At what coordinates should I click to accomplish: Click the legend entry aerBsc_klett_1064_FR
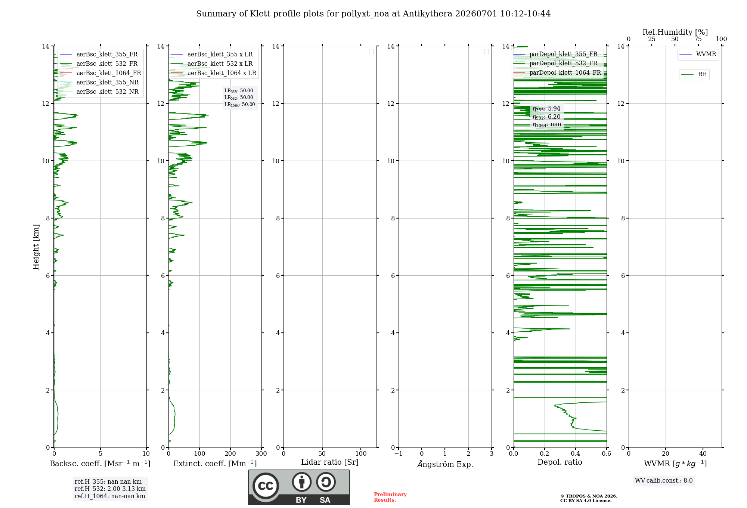coord(100,73)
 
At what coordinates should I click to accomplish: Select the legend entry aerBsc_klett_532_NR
coord(99,92)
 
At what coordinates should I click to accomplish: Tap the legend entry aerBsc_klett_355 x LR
coord(211,54)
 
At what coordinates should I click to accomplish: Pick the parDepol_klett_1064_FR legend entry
coord(557,72)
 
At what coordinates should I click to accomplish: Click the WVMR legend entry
coord(698,54)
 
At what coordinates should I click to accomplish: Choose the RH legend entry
coord(694,74)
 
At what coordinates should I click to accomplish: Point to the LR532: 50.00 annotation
coord(239,97)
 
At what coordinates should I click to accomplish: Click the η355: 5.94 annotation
coord(546,109)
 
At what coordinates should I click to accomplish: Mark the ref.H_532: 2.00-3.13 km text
coord(110,489)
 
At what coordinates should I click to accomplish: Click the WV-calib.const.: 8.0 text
coord(664,481)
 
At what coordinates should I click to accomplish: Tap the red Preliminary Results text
coord(390,497)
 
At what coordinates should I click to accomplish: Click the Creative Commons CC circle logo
coord(266,486)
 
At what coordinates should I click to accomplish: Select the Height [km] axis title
coord(36,247)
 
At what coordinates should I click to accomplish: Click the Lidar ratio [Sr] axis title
coord(330,462)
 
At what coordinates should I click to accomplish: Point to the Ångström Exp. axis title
coord(445,464)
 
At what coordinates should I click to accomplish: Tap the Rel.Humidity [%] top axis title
coord(675,32)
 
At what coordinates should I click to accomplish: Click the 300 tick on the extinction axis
coord(261,454)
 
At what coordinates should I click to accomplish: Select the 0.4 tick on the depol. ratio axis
coord(576,454)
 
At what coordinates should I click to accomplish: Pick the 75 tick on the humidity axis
coord(698,39)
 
